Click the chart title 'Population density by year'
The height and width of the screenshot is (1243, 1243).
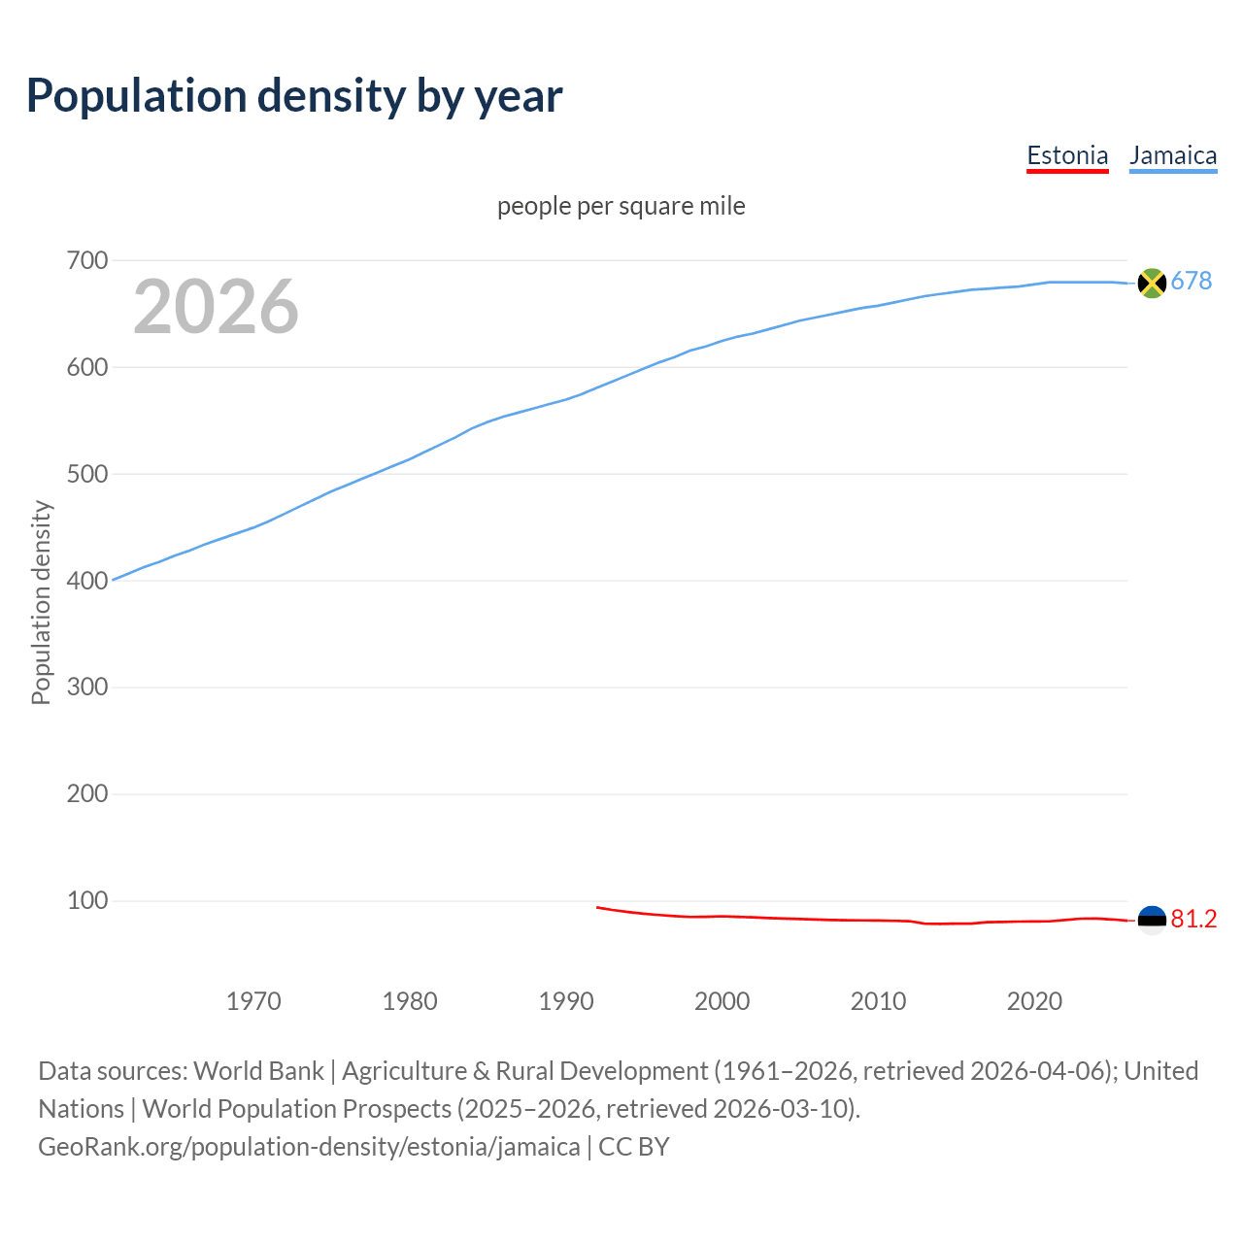click(294, 96)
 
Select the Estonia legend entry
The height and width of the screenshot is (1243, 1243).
click(1067, 155)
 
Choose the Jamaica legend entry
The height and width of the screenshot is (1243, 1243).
click(1173, 155)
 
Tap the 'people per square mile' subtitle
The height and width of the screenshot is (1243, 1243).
click(621, 206)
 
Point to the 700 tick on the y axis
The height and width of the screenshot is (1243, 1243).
click(86, 260)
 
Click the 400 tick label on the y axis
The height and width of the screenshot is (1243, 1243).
click(86, 581)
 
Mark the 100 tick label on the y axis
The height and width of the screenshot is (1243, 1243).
click(86, 900)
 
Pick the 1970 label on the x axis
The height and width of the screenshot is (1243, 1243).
click(253, 1001)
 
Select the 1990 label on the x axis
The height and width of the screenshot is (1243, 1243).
click(566, 1001)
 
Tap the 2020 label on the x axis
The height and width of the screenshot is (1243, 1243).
click(1034, 1001)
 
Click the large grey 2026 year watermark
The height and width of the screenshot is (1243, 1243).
click(216, 307)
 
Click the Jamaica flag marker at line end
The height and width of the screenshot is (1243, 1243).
click(1152, 283)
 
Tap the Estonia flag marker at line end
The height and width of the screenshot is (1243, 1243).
click(1152, 920)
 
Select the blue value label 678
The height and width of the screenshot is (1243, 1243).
click(1192, 282)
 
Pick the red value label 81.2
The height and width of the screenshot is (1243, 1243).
click(1193, 920)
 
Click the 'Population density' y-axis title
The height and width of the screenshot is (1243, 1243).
click(41, 602)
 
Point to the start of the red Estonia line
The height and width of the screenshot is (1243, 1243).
click(597, 907)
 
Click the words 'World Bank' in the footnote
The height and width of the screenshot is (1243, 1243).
click(258, 1071)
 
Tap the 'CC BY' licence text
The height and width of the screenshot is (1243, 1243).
click(634, 1147)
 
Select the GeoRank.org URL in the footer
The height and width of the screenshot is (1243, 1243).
click(309, 1147)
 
